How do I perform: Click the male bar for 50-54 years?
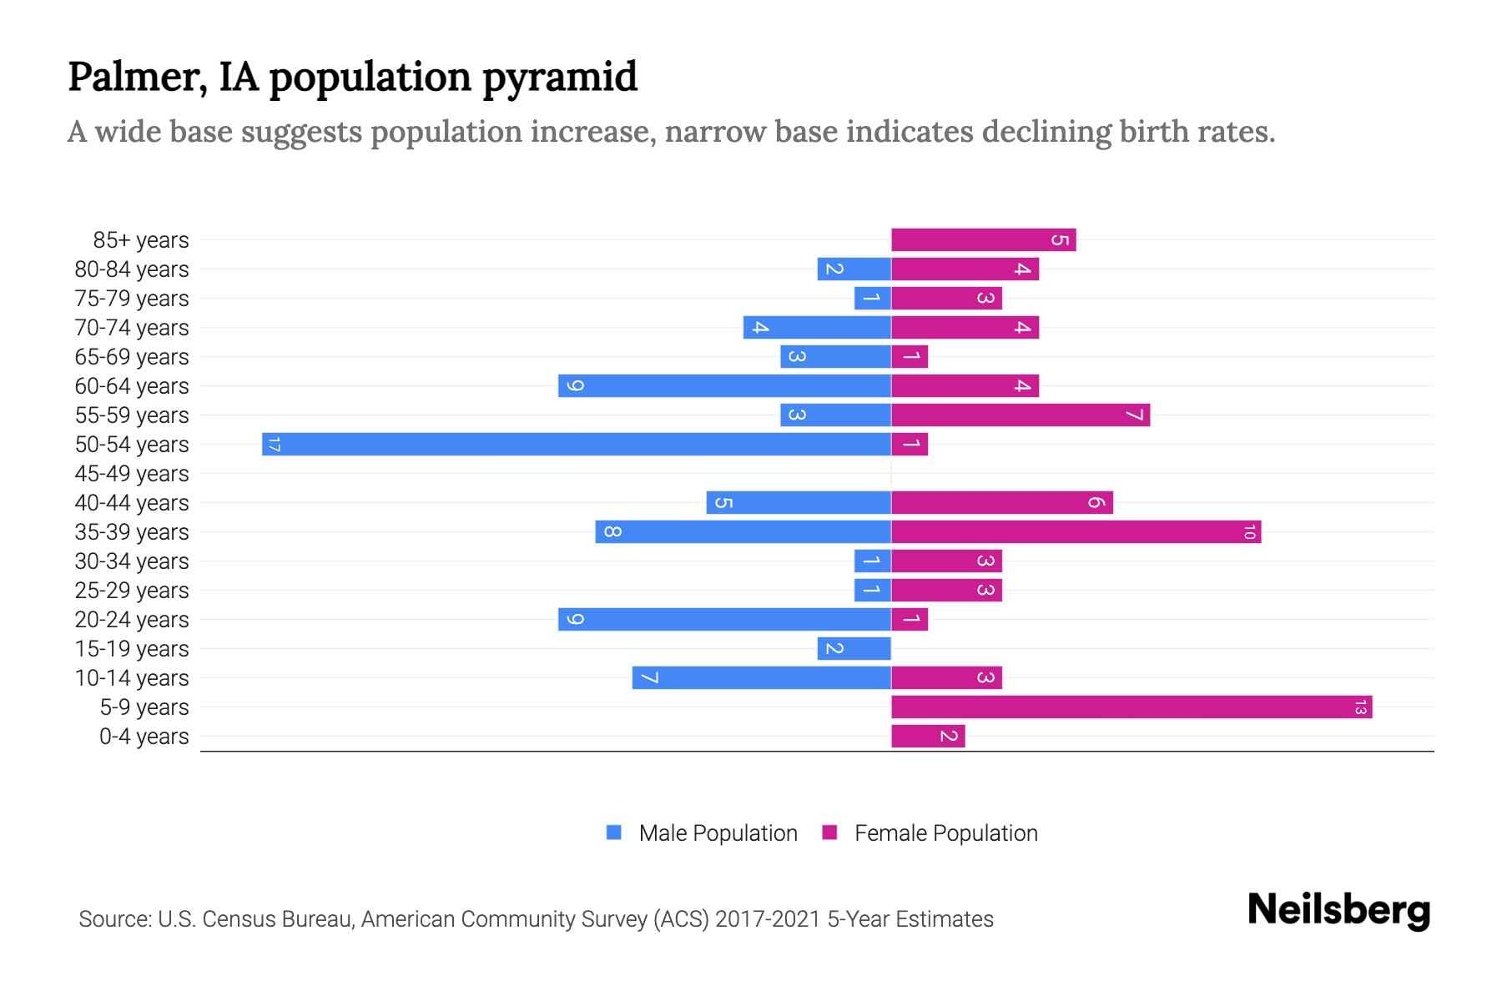point(576,444)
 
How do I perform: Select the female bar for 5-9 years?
point(1131,707)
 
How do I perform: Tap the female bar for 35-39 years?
point(1076,531)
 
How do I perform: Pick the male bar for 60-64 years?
point(724,385)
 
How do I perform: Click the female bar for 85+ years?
point(983,239)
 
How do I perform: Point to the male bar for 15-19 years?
point(854,648)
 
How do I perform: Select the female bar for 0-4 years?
point(927,736)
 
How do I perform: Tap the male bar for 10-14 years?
point(761,677)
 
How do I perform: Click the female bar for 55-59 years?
point(1020,415)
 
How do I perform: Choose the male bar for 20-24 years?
point(724,619)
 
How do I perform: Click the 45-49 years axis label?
point(132,474)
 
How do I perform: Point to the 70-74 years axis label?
point(132,328)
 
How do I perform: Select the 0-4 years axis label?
point(144,737)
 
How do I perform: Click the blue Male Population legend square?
point(614,832)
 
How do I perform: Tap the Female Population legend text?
point(945,832)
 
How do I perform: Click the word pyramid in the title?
point(560,78)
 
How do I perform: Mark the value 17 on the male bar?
point(274,444)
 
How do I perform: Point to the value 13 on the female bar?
point(1360,707)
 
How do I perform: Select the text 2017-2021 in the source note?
point(768,919)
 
